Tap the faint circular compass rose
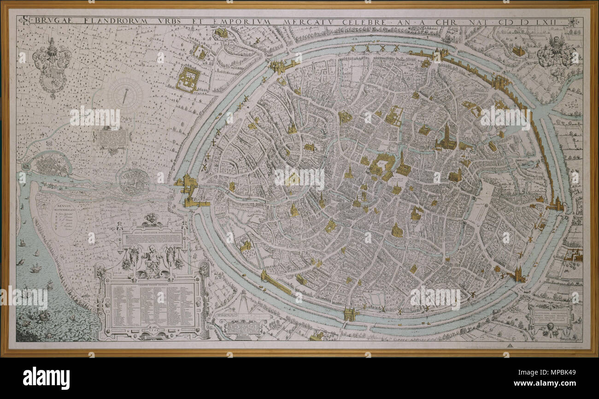point(125,94)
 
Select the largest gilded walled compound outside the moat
point(188,79)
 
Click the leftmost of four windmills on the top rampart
point(353,48)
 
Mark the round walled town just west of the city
point(134,182)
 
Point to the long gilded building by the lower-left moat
point(276,283)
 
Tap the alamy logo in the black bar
point(46,378)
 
